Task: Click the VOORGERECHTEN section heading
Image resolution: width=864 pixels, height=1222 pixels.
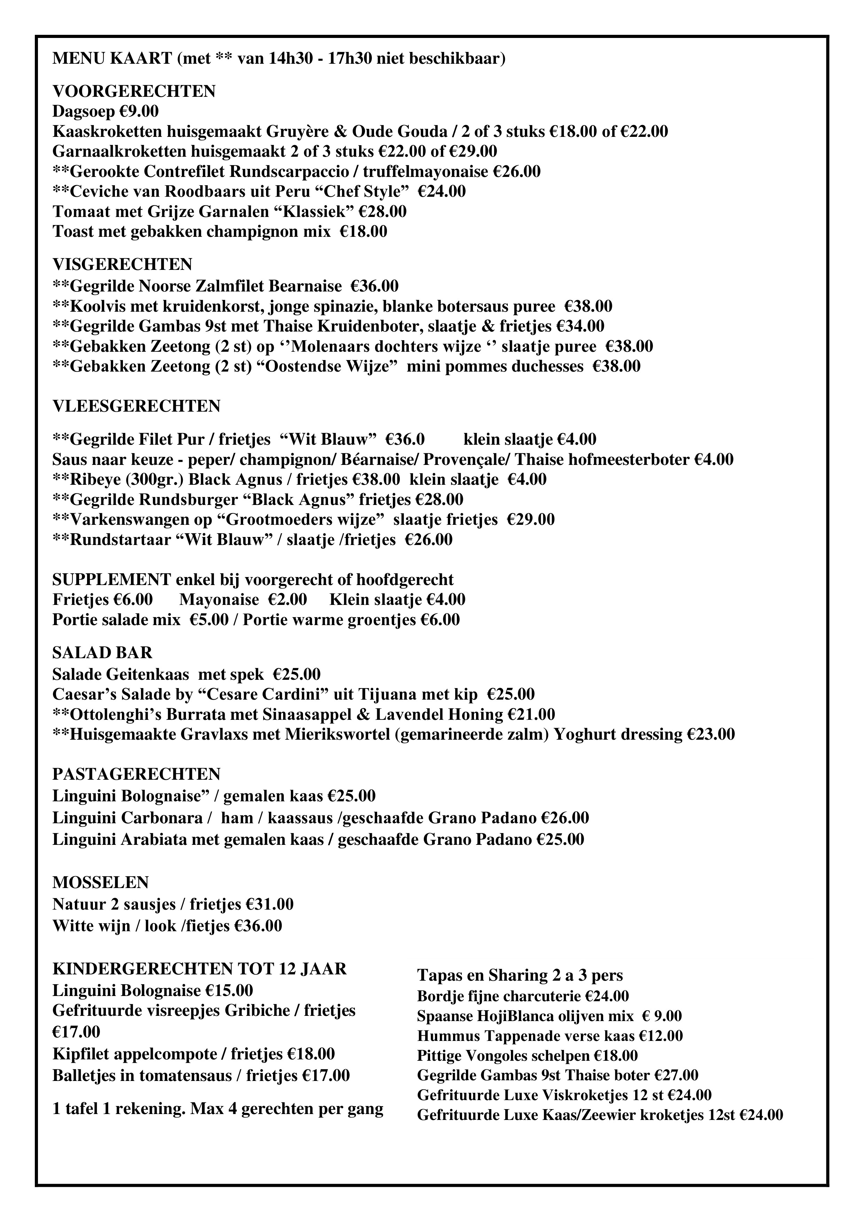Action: click(134, 92)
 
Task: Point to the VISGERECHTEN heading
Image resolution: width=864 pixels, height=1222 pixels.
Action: click(123, 265)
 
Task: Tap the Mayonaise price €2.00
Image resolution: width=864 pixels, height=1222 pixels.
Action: click(287, 600)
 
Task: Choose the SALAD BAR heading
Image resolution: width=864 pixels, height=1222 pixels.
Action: click(102, 653)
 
